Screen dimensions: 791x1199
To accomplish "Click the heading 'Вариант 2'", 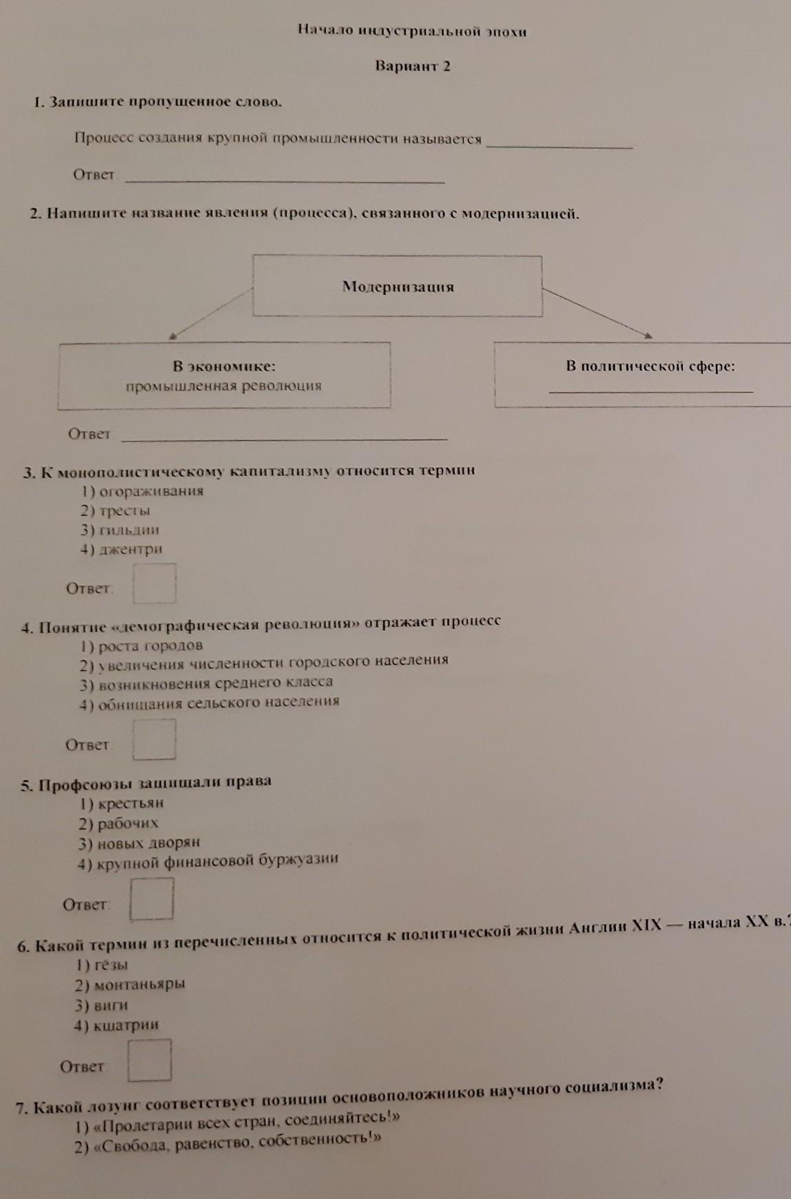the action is click(x=413, y=66).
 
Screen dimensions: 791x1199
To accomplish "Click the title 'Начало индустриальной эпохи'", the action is click(x=412, y=30).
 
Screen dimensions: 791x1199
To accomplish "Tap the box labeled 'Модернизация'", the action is click(x=398, y=286).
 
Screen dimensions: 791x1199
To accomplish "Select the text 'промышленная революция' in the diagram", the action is click(x=224, y=386).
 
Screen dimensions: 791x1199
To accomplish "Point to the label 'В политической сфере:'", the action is click(x=650, y=366).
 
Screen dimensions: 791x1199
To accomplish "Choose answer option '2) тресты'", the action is click(x=115, y=511).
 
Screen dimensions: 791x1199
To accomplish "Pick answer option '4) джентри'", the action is click(x=121, y=550).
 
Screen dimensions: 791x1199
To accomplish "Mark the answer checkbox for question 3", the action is click(x=154, y=584).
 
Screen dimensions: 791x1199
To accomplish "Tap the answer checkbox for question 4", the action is click(x=154, y=739).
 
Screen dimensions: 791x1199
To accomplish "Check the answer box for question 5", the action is click(x=152, y=898).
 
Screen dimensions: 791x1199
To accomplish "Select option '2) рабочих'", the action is click(x=119, y=823).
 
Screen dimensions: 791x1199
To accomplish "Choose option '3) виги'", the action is click(x=102, y=1005).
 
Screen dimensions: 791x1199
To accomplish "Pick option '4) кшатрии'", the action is click(x=116, y=1025).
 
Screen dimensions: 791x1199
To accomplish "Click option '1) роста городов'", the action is click(x=141, y=646).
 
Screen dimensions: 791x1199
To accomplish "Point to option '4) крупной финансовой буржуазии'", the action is click(x=208, y=861).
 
